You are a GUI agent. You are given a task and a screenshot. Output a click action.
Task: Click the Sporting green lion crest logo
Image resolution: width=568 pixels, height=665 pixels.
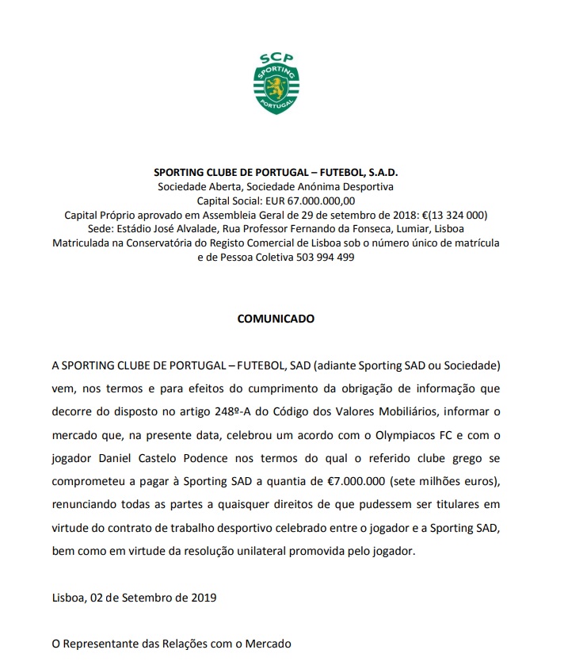[x=276, y=90]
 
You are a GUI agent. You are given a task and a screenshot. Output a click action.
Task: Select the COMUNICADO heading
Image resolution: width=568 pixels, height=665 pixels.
[x=276, y=319]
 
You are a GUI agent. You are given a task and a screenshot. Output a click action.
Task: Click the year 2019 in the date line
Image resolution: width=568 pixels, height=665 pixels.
[x=202, y=597]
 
